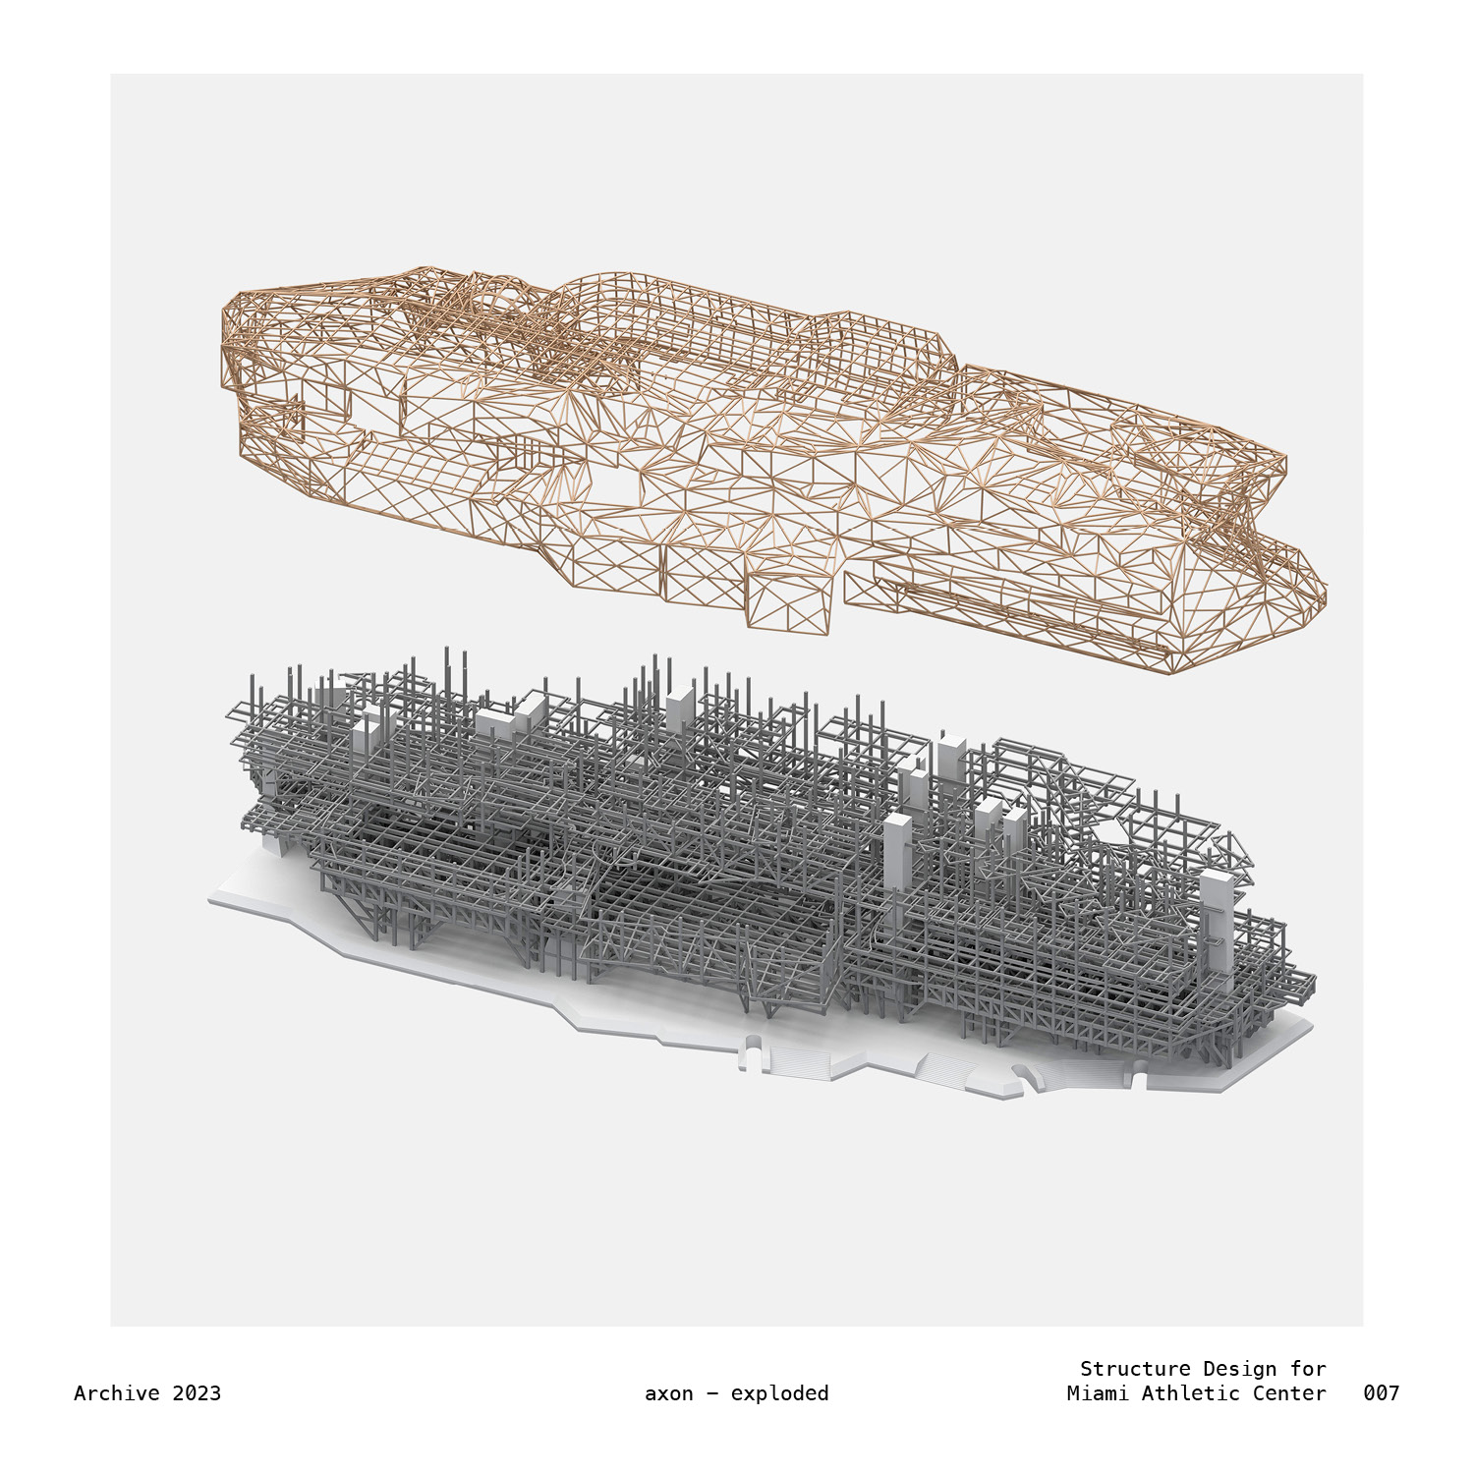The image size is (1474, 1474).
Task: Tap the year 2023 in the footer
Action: (197, 1393)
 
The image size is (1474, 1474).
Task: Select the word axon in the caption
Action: (669, 1393)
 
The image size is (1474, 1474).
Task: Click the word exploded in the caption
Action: (780, 1393)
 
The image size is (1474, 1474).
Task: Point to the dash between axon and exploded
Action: (712, 1393)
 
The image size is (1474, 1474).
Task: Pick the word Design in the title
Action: (1240, 1369)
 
